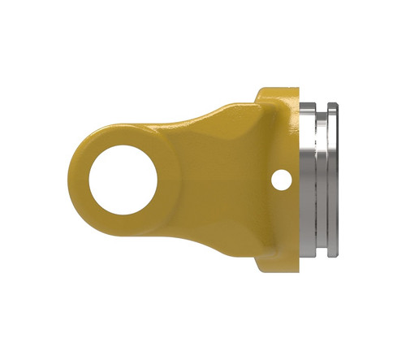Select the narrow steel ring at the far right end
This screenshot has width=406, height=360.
click(x=335, y=179)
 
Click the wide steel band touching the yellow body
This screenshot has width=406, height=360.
click(x=312, y=179)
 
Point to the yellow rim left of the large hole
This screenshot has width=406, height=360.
click(x=79, y=179)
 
